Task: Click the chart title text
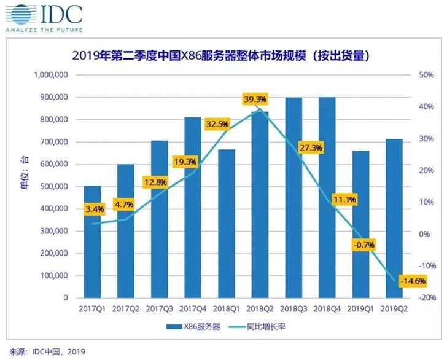tap(223, 56)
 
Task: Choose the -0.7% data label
tap(362, 245)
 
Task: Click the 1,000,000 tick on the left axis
tap(49, 76)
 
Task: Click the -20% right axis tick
tap(426, 298)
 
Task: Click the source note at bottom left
tap(44, 352)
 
